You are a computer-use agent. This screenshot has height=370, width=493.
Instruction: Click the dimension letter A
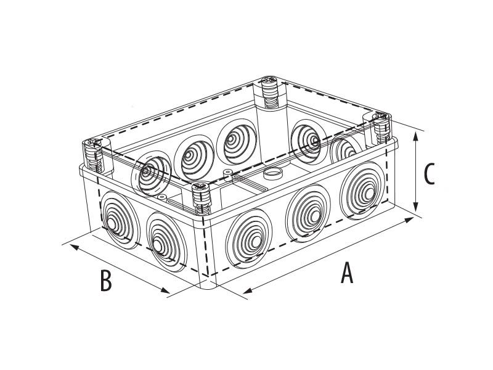click(347, 272)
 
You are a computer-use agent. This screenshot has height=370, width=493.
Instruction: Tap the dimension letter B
click(105, 281)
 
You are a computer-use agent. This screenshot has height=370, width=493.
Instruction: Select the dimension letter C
click(429, 173)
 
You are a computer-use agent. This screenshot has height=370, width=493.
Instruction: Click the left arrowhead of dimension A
click(248, 290)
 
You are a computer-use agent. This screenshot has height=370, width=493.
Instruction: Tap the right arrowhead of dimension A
click(409, 220)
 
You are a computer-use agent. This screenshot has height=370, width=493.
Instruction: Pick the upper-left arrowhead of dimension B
click(74, 247)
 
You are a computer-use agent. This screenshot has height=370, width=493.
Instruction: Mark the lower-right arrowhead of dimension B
click(165, 290)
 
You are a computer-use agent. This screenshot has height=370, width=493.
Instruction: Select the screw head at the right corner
click(380, 117)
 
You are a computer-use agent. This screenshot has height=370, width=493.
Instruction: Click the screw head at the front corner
click(200, 187)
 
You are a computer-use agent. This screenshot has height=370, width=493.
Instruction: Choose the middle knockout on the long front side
click(308, 213)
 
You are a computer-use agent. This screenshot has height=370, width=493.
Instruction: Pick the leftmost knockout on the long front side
click(249, 239)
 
